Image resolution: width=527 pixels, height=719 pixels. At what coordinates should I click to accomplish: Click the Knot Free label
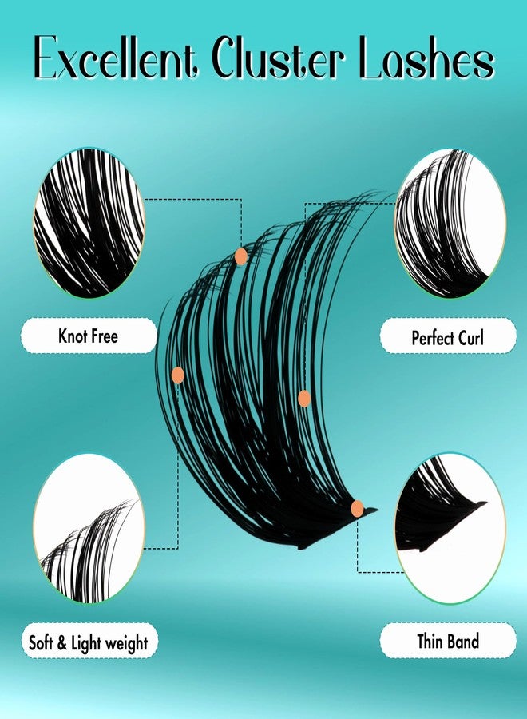[x=88, y=336]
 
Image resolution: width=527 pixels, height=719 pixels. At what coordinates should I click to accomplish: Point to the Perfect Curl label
[x=448, y=337]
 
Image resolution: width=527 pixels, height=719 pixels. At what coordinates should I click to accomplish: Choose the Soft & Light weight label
[x=88, y=642]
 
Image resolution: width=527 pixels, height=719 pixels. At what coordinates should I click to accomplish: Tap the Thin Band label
[x=448, y=641]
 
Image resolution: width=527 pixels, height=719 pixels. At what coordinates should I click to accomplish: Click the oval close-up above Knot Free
[x=89, y=223]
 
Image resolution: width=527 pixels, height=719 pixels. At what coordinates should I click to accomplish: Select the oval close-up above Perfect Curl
[x=450, y=223]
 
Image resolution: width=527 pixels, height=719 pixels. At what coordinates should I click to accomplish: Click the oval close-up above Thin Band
[x=450, y=528]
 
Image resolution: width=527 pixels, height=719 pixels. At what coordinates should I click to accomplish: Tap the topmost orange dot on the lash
[x=240, y=256]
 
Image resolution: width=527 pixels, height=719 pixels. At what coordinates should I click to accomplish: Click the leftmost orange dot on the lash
[x=177, y=374]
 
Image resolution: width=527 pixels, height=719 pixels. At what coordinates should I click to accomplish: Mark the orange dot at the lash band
[x=357, y=508]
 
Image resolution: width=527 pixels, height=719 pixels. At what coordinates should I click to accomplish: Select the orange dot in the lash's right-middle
[x=303, y=397]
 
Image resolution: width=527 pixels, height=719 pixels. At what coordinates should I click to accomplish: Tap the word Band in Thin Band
[x=462, y=641]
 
